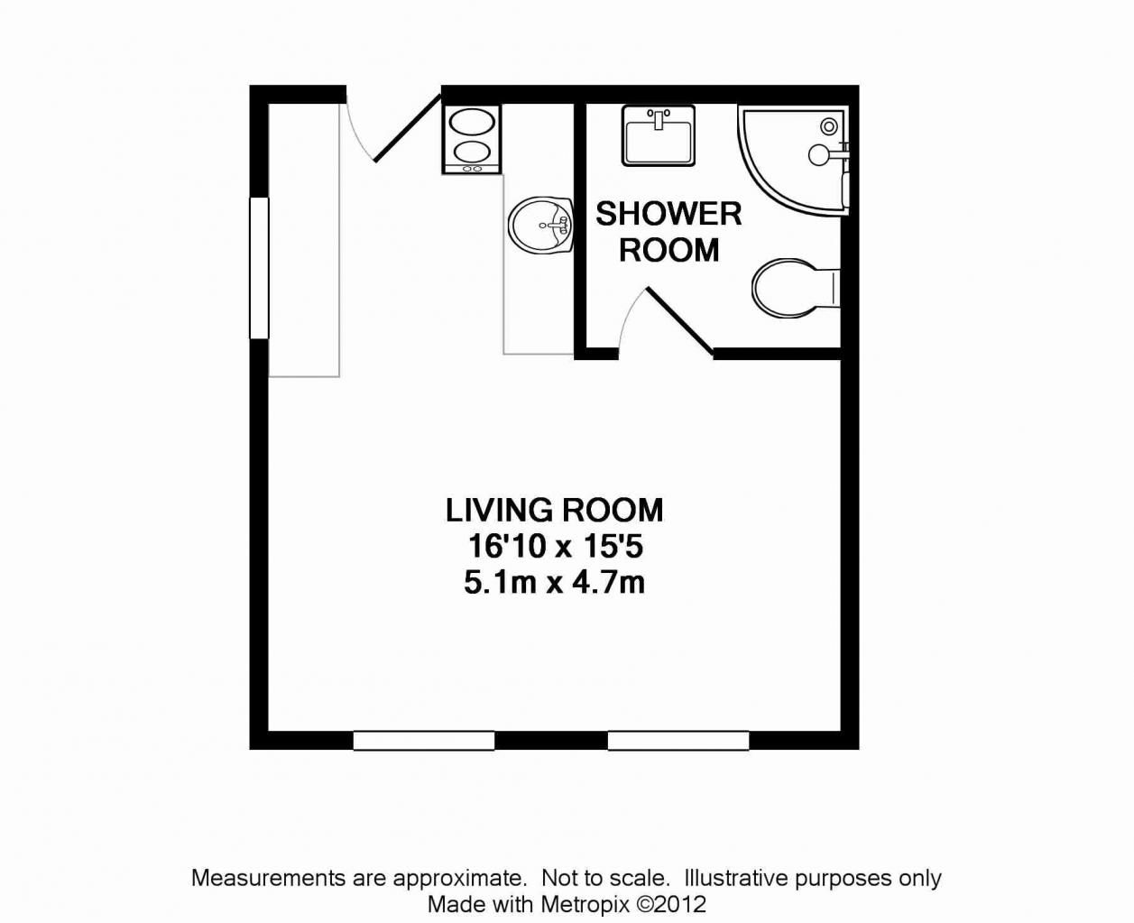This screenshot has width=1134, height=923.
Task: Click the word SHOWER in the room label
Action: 668,214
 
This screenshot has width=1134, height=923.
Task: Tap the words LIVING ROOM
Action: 554,511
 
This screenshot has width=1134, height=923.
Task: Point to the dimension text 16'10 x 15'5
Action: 554,547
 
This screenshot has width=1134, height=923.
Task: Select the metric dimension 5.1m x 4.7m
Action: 554,583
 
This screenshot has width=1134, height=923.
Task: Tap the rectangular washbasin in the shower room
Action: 658,135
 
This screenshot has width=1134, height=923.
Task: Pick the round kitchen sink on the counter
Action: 539,226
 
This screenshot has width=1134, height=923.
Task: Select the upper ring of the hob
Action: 471,122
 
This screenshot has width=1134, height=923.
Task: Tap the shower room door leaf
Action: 680,321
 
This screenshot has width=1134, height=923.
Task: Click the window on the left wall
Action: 259,268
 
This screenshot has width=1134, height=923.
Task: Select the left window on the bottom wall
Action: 423,741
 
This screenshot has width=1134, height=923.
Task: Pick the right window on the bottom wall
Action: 678,741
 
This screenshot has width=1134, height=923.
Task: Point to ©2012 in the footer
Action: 672,903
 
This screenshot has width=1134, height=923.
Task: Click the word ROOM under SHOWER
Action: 668,250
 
